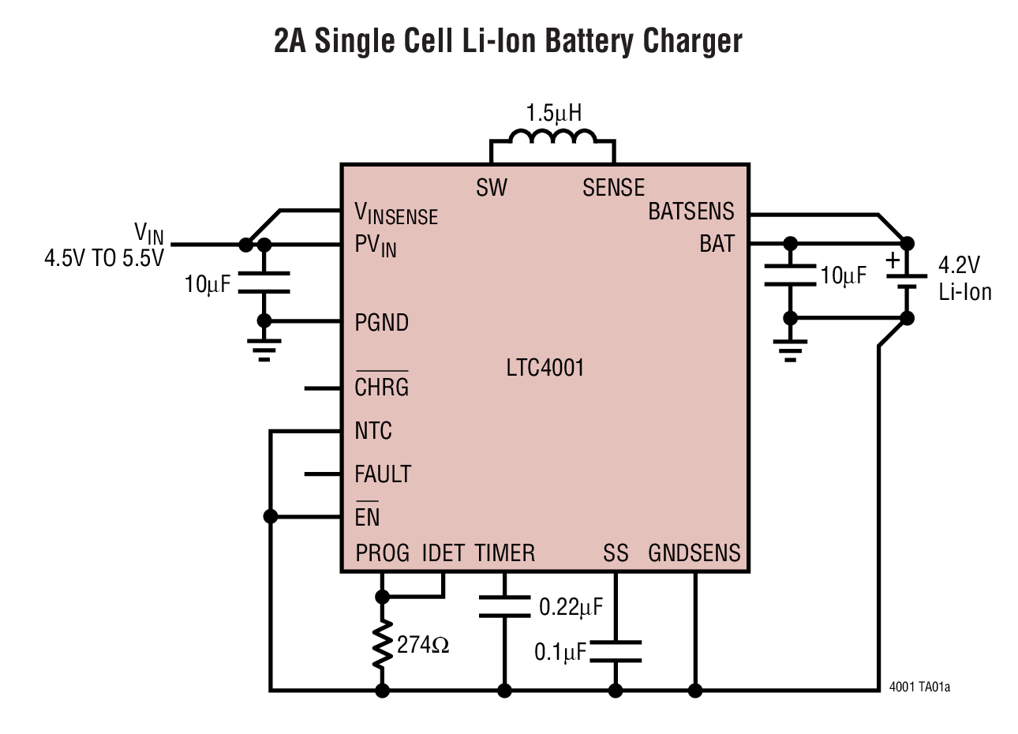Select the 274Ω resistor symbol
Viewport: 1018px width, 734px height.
coord(383,643)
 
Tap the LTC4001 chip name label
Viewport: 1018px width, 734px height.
coord(545,368)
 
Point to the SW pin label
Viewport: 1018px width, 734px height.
coord(492,188)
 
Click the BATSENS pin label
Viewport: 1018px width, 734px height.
coord(691,212)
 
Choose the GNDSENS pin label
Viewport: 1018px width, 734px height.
coord(694,553)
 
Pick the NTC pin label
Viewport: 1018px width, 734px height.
coord(373,431)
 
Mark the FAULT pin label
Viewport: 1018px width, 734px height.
coord(383,474)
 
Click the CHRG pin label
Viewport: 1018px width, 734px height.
coord(382,388)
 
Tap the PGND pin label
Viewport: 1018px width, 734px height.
coord(382,323)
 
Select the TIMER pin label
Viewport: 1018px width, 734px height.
coord(505,553)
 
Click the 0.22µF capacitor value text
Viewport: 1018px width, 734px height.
coord(571,607)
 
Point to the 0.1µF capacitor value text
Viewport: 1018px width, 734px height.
coord(560,652)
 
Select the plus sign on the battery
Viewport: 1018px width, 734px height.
coord(893,260)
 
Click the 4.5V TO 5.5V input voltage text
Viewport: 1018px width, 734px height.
coord(103,258)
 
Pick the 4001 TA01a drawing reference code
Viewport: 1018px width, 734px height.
coord(919,687)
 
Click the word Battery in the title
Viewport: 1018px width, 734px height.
coord(576,41)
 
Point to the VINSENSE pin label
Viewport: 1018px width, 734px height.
coord(396,213)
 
